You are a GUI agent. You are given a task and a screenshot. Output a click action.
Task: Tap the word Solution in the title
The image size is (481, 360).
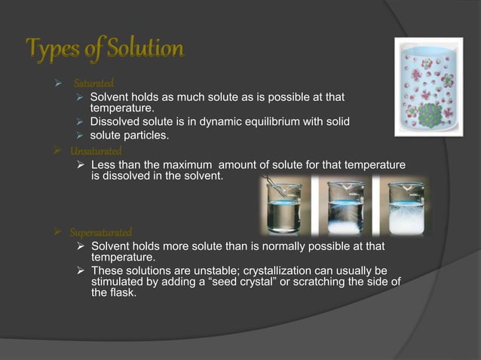coord(144,50)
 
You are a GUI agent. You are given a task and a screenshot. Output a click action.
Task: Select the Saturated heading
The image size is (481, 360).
coord(93,82)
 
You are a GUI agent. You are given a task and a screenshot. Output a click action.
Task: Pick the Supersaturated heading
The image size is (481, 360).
coord(101,232)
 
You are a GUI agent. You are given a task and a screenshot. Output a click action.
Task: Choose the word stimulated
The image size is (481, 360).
coord(117,282)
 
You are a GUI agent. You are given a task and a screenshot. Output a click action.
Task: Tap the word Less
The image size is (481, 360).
coord(103,164)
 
